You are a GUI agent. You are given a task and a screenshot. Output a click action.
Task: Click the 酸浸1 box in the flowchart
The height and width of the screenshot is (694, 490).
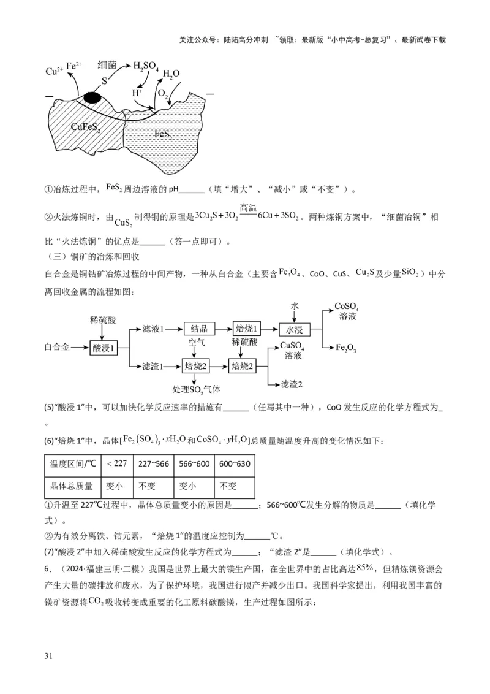tap(104, 348)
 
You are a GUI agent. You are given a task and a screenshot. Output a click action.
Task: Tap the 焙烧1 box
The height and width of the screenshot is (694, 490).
tap(247, 329)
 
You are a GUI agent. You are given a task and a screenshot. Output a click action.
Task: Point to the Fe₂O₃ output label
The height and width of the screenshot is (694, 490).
tap(346, 348)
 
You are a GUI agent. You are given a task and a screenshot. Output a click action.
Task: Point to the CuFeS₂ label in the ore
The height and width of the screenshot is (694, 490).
tap(86, 127)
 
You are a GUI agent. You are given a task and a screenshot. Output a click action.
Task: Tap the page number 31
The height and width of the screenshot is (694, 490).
tap(49, 656)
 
